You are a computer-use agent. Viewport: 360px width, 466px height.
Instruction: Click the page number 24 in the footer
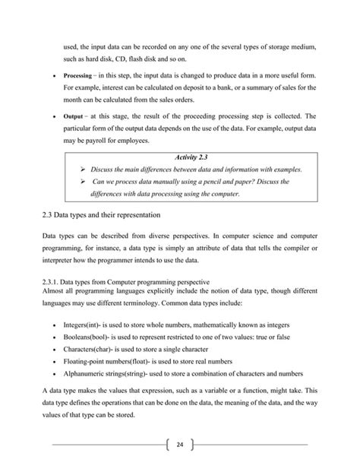(180, 444)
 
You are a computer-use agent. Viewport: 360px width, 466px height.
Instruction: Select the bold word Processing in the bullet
(77, 77)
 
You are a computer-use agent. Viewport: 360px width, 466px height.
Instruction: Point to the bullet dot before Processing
(51, 78)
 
